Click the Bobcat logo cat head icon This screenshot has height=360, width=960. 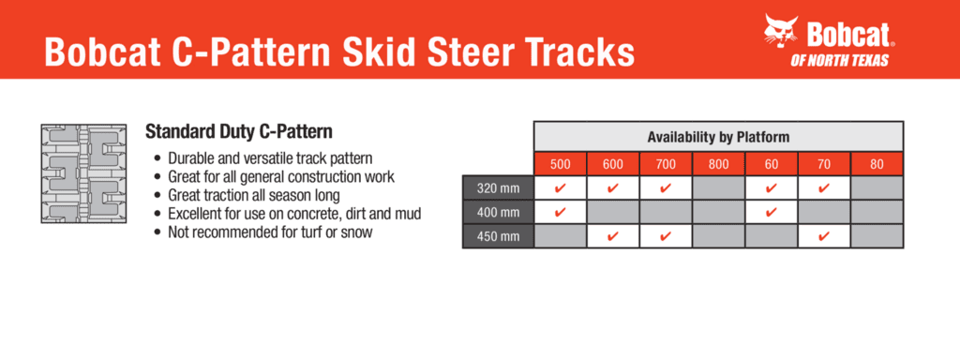pyautogui.click(x=782, y=32)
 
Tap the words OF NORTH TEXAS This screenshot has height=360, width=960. pyautogui.click(x=839, y=60)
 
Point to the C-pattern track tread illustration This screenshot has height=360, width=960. pyautogui.click(x=83, y=173)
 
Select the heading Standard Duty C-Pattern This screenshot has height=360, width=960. pyautogui.click(x=239, y=131)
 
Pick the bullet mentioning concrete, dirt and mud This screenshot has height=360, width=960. pyautogui.click(x=288, y=215)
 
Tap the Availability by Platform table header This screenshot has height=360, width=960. pyautogui.click(x=718, y=137)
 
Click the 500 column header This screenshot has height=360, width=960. pyautogui.click(x=561, y=164)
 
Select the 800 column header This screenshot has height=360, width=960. pyautogui.click(x=718, y=164)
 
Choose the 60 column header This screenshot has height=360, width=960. pyautogui.click(x=772, y=164)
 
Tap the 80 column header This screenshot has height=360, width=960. pyautogui.click(x=877, y=164)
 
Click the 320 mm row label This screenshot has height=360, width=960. pyautogui.click(x=498, y=187)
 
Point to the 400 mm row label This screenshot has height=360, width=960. pyautogui.click(x=498, y=212)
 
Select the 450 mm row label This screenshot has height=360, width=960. pyautogui.click(x=498, y=235)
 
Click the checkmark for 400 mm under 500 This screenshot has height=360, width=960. pyautogui.click(x=560, y=212)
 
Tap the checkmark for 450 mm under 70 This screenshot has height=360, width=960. pyautogui.click(x=824, y=235)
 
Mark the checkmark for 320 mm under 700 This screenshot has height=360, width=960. pyautogui.click(x=666, y=187)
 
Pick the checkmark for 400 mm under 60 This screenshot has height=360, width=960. pyautogui.click(x=772, y=212)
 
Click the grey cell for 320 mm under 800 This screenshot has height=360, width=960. pyautogui.click(x=718, y=187)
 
